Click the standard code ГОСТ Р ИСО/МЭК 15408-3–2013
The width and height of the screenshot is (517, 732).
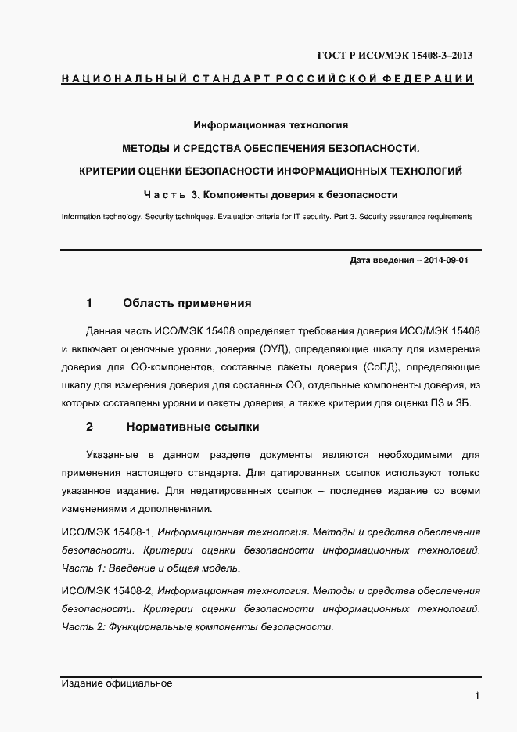coord(394,56)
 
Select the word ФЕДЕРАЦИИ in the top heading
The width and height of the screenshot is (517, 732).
coord(429,79)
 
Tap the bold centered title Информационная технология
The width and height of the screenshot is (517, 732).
coord(270,124)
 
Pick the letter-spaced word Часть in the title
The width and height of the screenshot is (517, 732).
coord(163,194)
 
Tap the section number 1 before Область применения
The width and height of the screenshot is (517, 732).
coord(89,303)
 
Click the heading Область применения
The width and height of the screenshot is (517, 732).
coord(187,303)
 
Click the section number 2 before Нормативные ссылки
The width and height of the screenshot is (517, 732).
coord(89,427)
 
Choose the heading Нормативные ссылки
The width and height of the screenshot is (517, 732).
coord(192,427)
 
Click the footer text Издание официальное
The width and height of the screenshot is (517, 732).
coord(116,683)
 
